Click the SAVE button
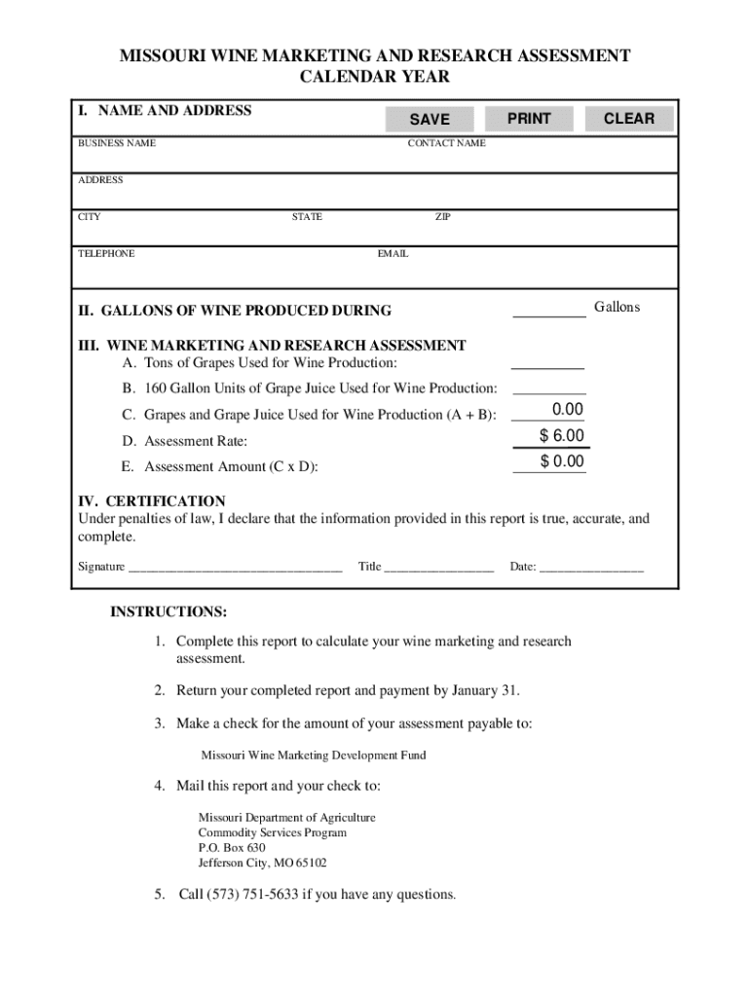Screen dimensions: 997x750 430,119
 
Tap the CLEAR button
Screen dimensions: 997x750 628,119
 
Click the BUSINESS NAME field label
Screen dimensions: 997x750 116,144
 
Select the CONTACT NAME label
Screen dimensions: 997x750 446,144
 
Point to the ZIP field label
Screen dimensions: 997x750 442,217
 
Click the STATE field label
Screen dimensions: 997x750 307,217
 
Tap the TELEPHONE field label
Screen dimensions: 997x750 106,254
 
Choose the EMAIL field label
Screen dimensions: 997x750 393,254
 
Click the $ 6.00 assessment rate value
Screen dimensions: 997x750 562,436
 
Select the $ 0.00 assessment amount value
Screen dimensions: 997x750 562,462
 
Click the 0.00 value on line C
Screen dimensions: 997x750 566,410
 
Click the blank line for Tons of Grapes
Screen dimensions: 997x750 547,366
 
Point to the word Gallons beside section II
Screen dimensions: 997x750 618,308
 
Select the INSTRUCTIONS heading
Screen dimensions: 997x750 169,612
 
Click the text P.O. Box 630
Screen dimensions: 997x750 232,848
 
